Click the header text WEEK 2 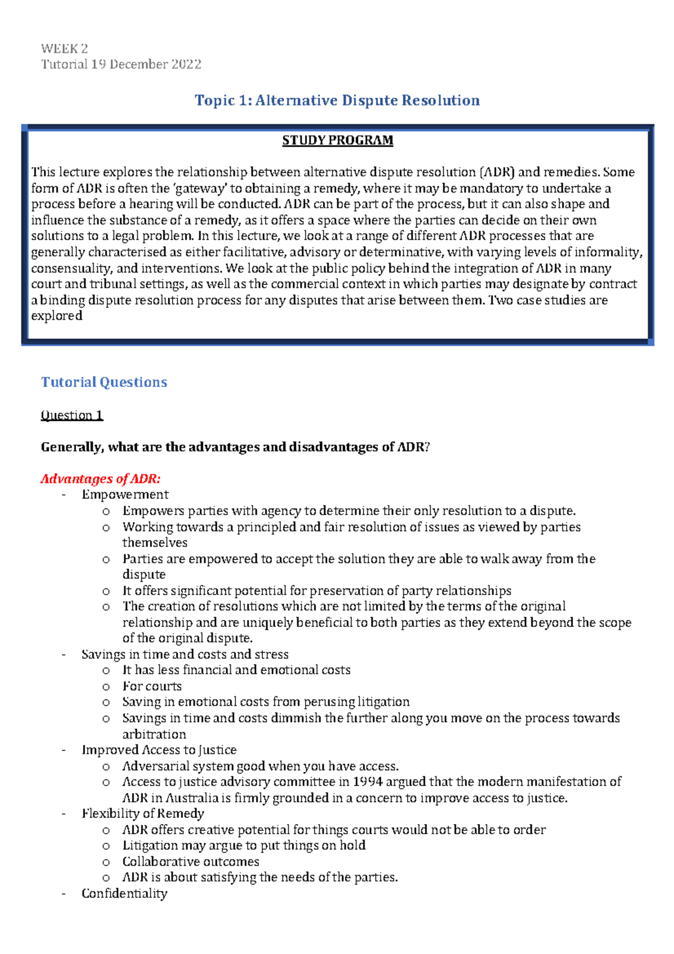point(64,48)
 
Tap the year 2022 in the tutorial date point(186,64)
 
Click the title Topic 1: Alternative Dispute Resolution point(337,101)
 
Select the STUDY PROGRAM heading point(337,140)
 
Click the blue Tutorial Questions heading point(104,382)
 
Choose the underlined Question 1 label point(72,415)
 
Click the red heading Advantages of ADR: point(101,479)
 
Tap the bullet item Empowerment point(125,494)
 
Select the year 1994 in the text point(368,782)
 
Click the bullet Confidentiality point(124,893)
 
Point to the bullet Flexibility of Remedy point(143,814)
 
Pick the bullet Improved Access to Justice point(159,749)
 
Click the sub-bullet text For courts point(152,686)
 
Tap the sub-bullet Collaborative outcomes point(190,861)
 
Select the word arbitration point(154,734)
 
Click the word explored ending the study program point(57,316)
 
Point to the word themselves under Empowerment point(155,542)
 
